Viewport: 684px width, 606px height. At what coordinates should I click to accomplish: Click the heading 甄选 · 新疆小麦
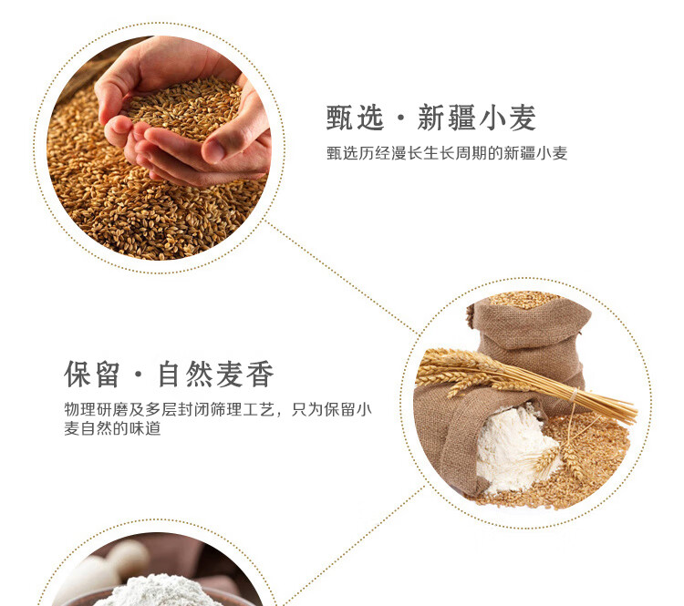tap(431, 118)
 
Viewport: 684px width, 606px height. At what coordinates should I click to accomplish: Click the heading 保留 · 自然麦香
tap(169, 374)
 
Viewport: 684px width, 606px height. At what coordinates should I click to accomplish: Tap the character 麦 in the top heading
tap(522, 118)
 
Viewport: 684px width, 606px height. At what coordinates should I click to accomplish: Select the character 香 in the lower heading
tap(260, 374)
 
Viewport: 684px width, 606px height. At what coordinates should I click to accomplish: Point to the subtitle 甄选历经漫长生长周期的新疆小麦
tap(447, 153)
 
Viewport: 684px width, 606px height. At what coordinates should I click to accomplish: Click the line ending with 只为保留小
tap(218, 409)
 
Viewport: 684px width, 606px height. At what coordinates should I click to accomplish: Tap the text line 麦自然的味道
tap(112, 428)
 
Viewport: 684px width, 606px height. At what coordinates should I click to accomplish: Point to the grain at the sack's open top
tap(524, 300)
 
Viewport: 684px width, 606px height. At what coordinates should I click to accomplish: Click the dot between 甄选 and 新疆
tap(401, 118)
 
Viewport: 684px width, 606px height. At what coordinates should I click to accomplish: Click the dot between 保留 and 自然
tap(140, 375)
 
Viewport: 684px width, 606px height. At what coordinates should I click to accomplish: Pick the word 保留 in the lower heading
tap(92, 374)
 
